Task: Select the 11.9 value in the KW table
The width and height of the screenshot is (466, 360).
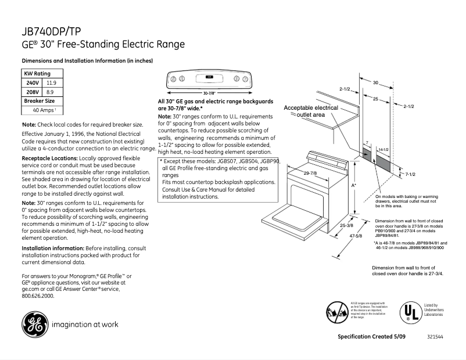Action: point(51,83)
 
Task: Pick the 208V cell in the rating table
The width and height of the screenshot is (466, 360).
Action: point(31,92)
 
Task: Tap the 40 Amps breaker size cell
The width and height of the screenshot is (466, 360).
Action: point(44,110)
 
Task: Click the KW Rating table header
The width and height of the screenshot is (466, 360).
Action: point(37,74)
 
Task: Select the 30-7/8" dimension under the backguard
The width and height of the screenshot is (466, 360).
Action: point(209,93)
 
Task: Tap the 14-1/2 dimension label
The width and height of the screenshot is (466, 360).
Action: point(383,150)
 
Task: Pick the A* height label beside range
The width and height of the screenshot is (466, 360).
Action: point(354,185)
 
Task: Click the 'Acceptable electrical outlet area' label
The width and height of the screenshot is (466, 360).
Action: point(310,111)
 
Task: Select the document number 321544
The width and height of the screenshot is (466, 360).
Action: point(435,337)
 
